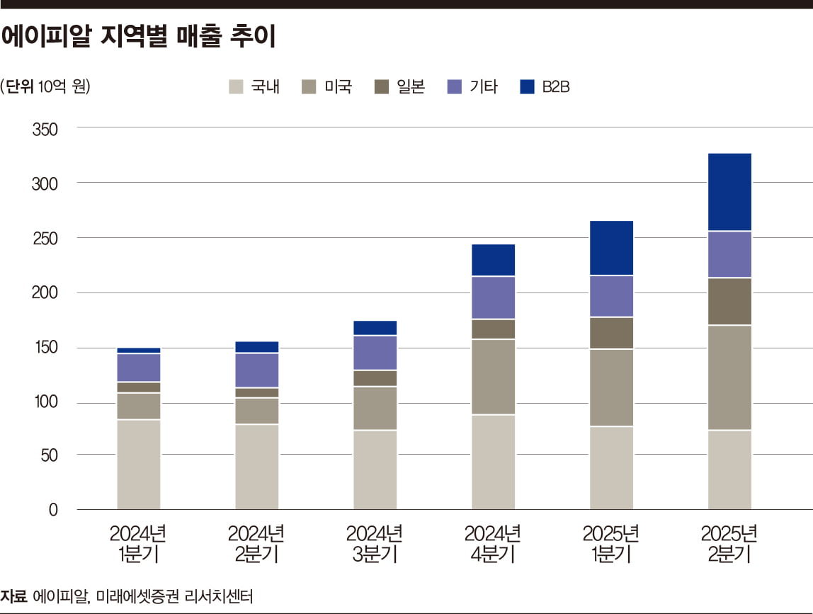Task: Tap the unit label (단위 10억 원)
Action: tap(46, 87)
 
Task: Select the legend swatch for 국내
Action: tap(236, 87)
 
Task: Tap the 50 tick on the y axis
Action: tap(47, 455)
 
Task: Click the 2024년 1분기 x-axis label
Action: tap(138, 543)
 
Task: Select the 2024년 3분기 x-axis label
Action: tap(375, 543)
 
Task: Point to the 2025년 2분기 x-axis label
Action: tap(729, 543)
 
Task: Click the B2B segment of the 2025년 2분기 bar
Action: tap(729, 191)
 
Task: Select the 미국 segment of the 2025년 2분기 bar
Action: tap(729, 377)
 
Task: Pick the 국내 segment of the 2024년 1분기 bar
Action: tap(139, 465)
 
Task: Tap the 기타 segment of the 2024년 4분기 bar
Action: tap(494, 297)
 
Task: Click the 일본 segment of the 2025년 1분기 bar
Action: tap(612, 333)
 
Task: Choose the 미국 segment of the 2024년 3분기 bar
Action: tap(375, 408)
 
